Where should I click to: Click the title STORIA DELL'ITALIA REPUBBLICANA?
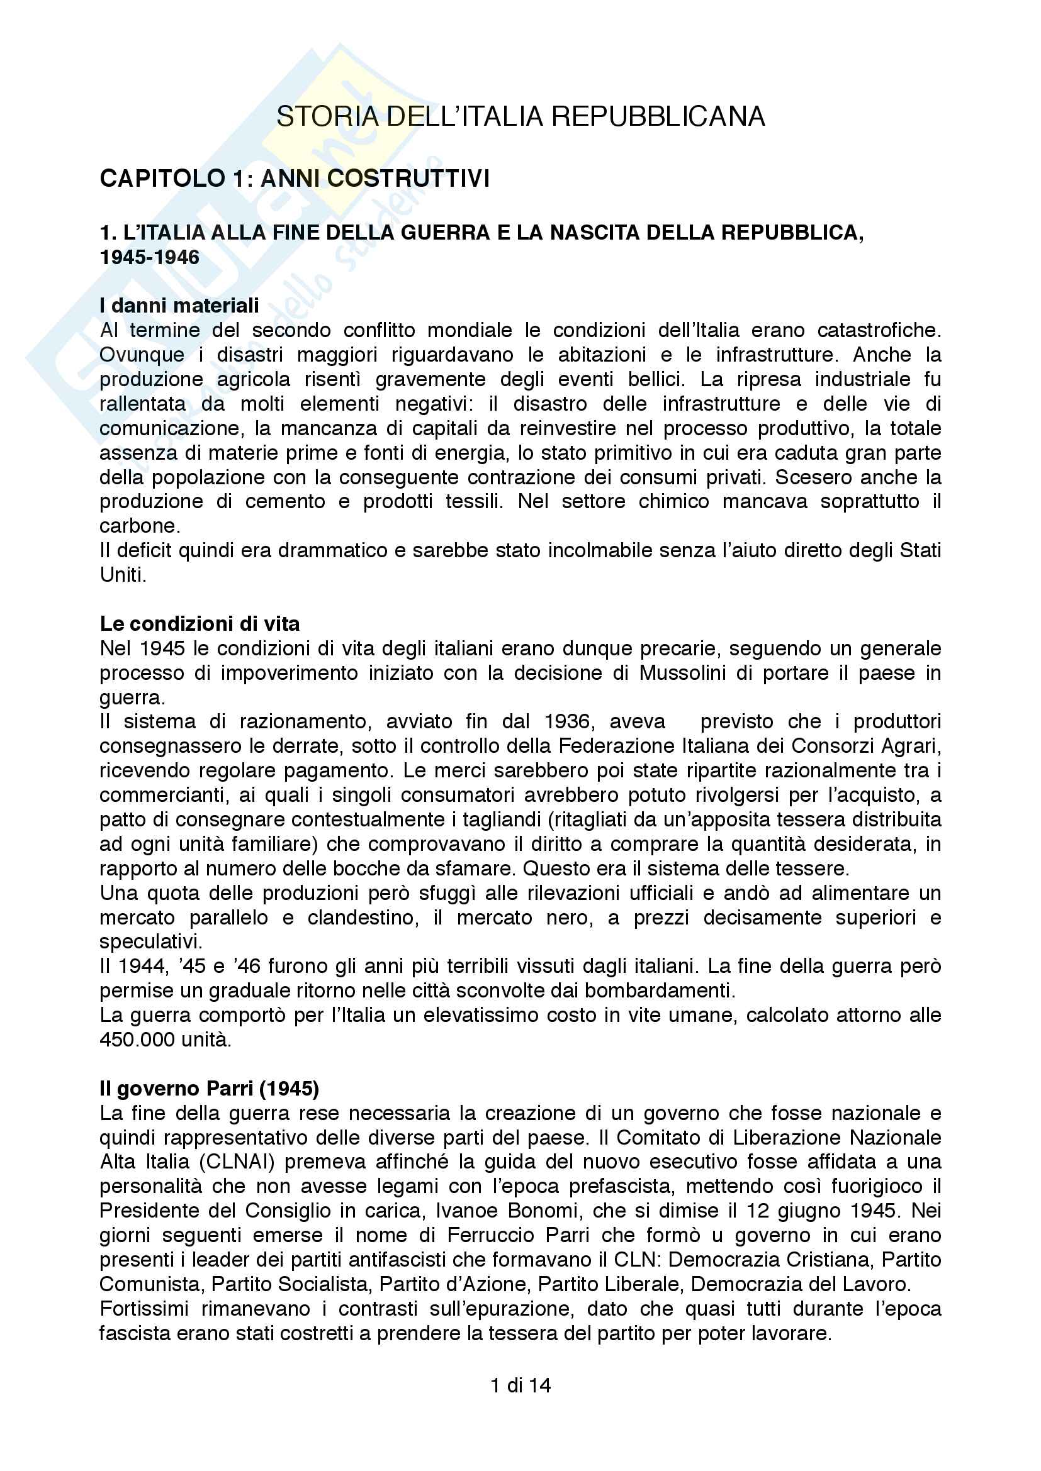point(520,117)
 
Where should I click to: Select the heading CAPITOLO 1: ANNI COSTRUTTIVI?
point(295,178)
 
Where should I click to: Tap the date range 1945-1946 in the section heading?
point(150,258)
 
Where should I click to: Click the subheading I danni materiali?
point(179,306)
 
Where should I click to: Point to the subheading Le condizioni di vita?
point(200,624)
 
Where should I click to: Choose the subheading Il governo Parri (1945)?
point(209,1089)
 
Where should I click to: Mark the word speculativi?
point(150,942)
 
